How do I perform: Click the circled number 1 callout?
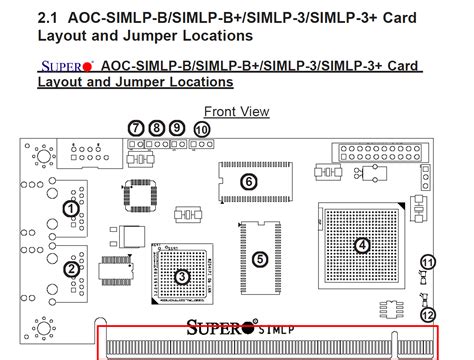pos(70,208)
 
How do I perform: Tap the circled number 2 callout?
pos(71,268)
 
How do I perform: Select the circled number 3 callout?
pos(181,277)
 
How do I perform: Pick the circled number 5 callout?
pos(260,259)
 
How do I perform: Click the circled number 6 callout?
pos(249,181)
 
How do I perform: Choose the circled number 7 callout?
pos(137,128)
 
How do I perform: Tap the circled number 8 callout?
pos(157,128)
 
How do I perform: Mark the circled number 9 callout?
pos(177,128)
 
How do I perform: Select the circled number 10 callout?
pos(202,129)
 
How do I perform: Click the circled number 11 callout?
pos(428,263)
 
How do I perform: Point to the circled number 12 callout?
pos(428,314)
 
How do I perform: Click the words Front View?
pos(236,111)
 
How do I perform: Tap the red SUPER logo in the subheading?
pos(66,66)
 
